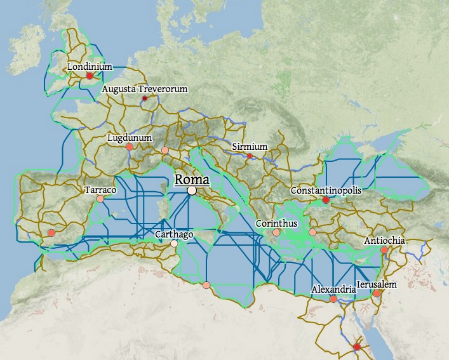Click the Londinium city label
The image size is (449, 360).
tap(90, 66)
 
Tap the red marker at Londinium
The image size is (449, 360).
tap(90, 76)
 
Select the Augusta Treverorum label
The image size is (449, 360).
tap(145, 89)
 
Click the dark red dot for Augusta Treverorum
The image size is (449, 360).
tap(145, 98)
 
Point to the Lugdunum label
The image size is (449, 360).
tap(130, 137)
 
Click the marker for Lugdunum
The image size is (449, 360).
tap(130, 147)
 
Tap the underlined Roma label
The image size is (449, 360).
tap(192, 179)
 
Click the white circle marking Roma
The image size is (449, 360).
tap(192, 190)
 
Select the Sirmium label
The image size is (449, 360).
tap(250, 147)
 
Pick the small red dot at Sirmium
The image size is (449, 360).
tap(250, 156)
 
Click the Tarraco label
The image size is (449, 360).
tap(100, 190)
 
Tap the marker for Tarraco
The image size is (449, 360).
tap(100, 199)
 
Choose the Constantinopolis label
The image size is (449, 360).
tap(326, 190)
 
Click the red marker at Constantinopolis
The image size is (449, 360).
tap(326, 200)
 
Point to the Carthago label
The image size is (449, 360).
tap(174, 234)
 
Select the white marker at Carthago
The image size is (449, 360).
tap(174, 243)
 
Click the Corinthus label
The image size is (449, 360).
tap(276, 223)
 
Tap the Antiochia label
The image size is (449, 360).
tap(384, 241)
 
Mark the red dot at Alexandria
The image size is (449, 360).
tap(333, 299)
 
